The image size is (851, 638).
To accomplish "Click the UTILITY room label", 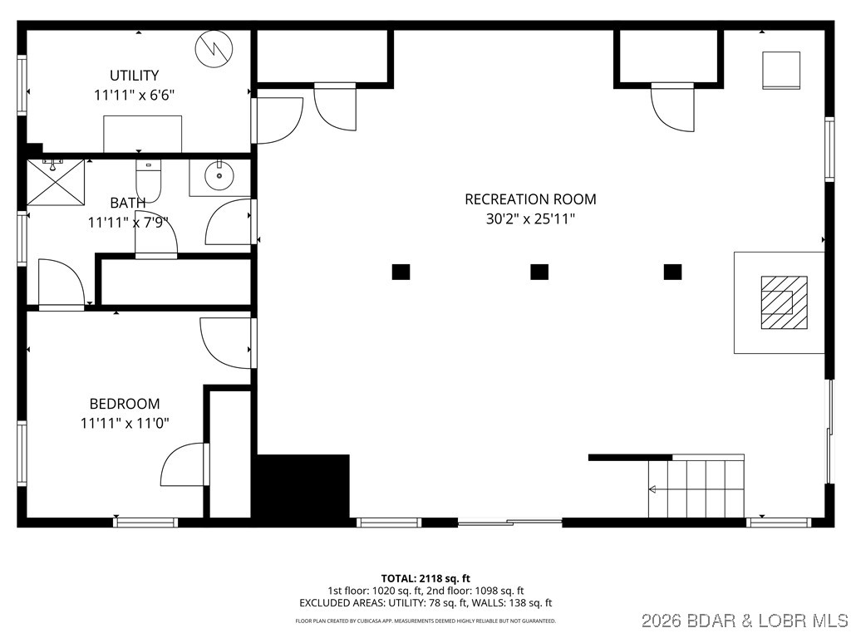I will click(x=134, y=75).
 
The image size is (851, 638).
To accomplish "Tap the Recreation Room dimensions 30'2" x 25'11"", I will click(x=530, y=219).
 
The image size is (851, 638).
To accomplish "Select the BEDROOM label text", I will click(x=125, y=404).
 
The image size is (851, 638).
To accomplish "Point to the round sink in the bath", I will click(x=219, y=174).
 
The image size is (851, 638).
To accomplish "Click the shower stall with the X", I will click(x=56, y=181).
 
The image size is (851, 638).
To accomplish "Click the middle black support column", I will click(x=539, y=272).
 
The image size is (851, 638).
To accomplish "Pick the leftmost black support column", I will click(x=401, y=272).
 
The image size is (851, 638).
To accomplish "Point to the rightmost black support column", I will click(x=672, y=272).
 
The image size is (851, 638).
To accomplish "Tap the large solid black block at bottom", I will click(x=303, y=488).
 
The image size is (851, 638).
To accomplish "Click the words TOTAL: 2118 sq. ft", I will click(x=425, y=578).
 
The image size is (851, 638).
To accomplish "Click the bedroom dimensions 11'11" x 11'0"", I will click(x=125, y=423).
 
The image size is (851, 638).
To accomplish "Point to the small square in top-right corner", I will click(x=781, y=70).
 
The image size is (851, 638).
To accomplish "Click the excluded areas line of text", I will click(x=425, y=603).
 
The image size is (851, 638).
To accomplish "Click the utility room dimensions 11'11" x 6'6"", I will click(x=134, y=95).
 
